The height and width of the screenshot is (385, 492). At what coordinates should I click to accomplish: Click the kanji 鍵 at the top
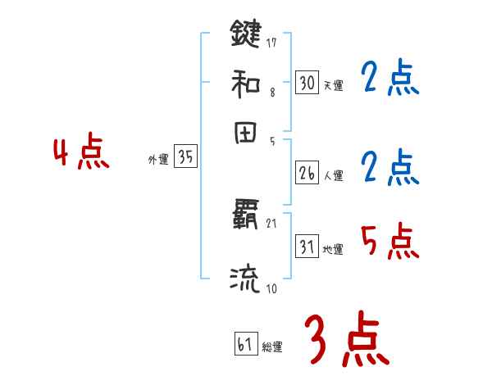click(245, 34)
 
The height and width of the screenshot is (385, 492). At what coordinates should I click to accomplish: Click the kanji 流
click(245, 279)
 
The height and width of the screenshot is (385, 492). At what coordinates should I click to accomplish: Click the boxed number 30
click(307, 82)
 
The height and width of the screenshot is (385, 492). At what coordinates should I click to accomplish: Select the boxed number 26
click(307, 173)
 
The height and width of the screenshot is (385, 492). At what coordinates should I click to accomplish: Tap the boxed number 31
click(307, 247)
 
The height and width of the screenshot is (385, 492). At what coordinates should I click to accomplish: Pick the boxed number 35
click(185, 158)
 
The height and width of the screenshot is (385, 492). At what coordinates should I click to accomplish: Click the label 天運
click(333, 85)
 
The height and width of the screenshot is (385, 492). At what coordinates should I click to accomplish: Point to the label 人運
click(333, 175)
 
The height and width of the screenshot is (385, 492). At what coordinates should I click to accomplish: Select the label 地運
click(333, 249)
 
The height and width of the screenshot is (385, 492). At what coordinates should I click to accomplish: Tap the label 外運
click(158, 161)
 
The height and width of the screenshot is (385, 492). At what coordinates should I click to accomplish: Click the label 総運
click(271, 347)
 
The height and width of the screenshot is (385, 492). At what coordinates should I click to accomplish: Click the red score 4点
click(81, 155)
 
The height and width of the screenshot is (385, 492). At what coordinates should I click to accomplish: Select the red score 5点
click(390, 241)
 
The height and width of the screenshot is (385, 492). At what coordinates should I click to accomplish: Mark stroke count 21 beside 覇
click(272, 223)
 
